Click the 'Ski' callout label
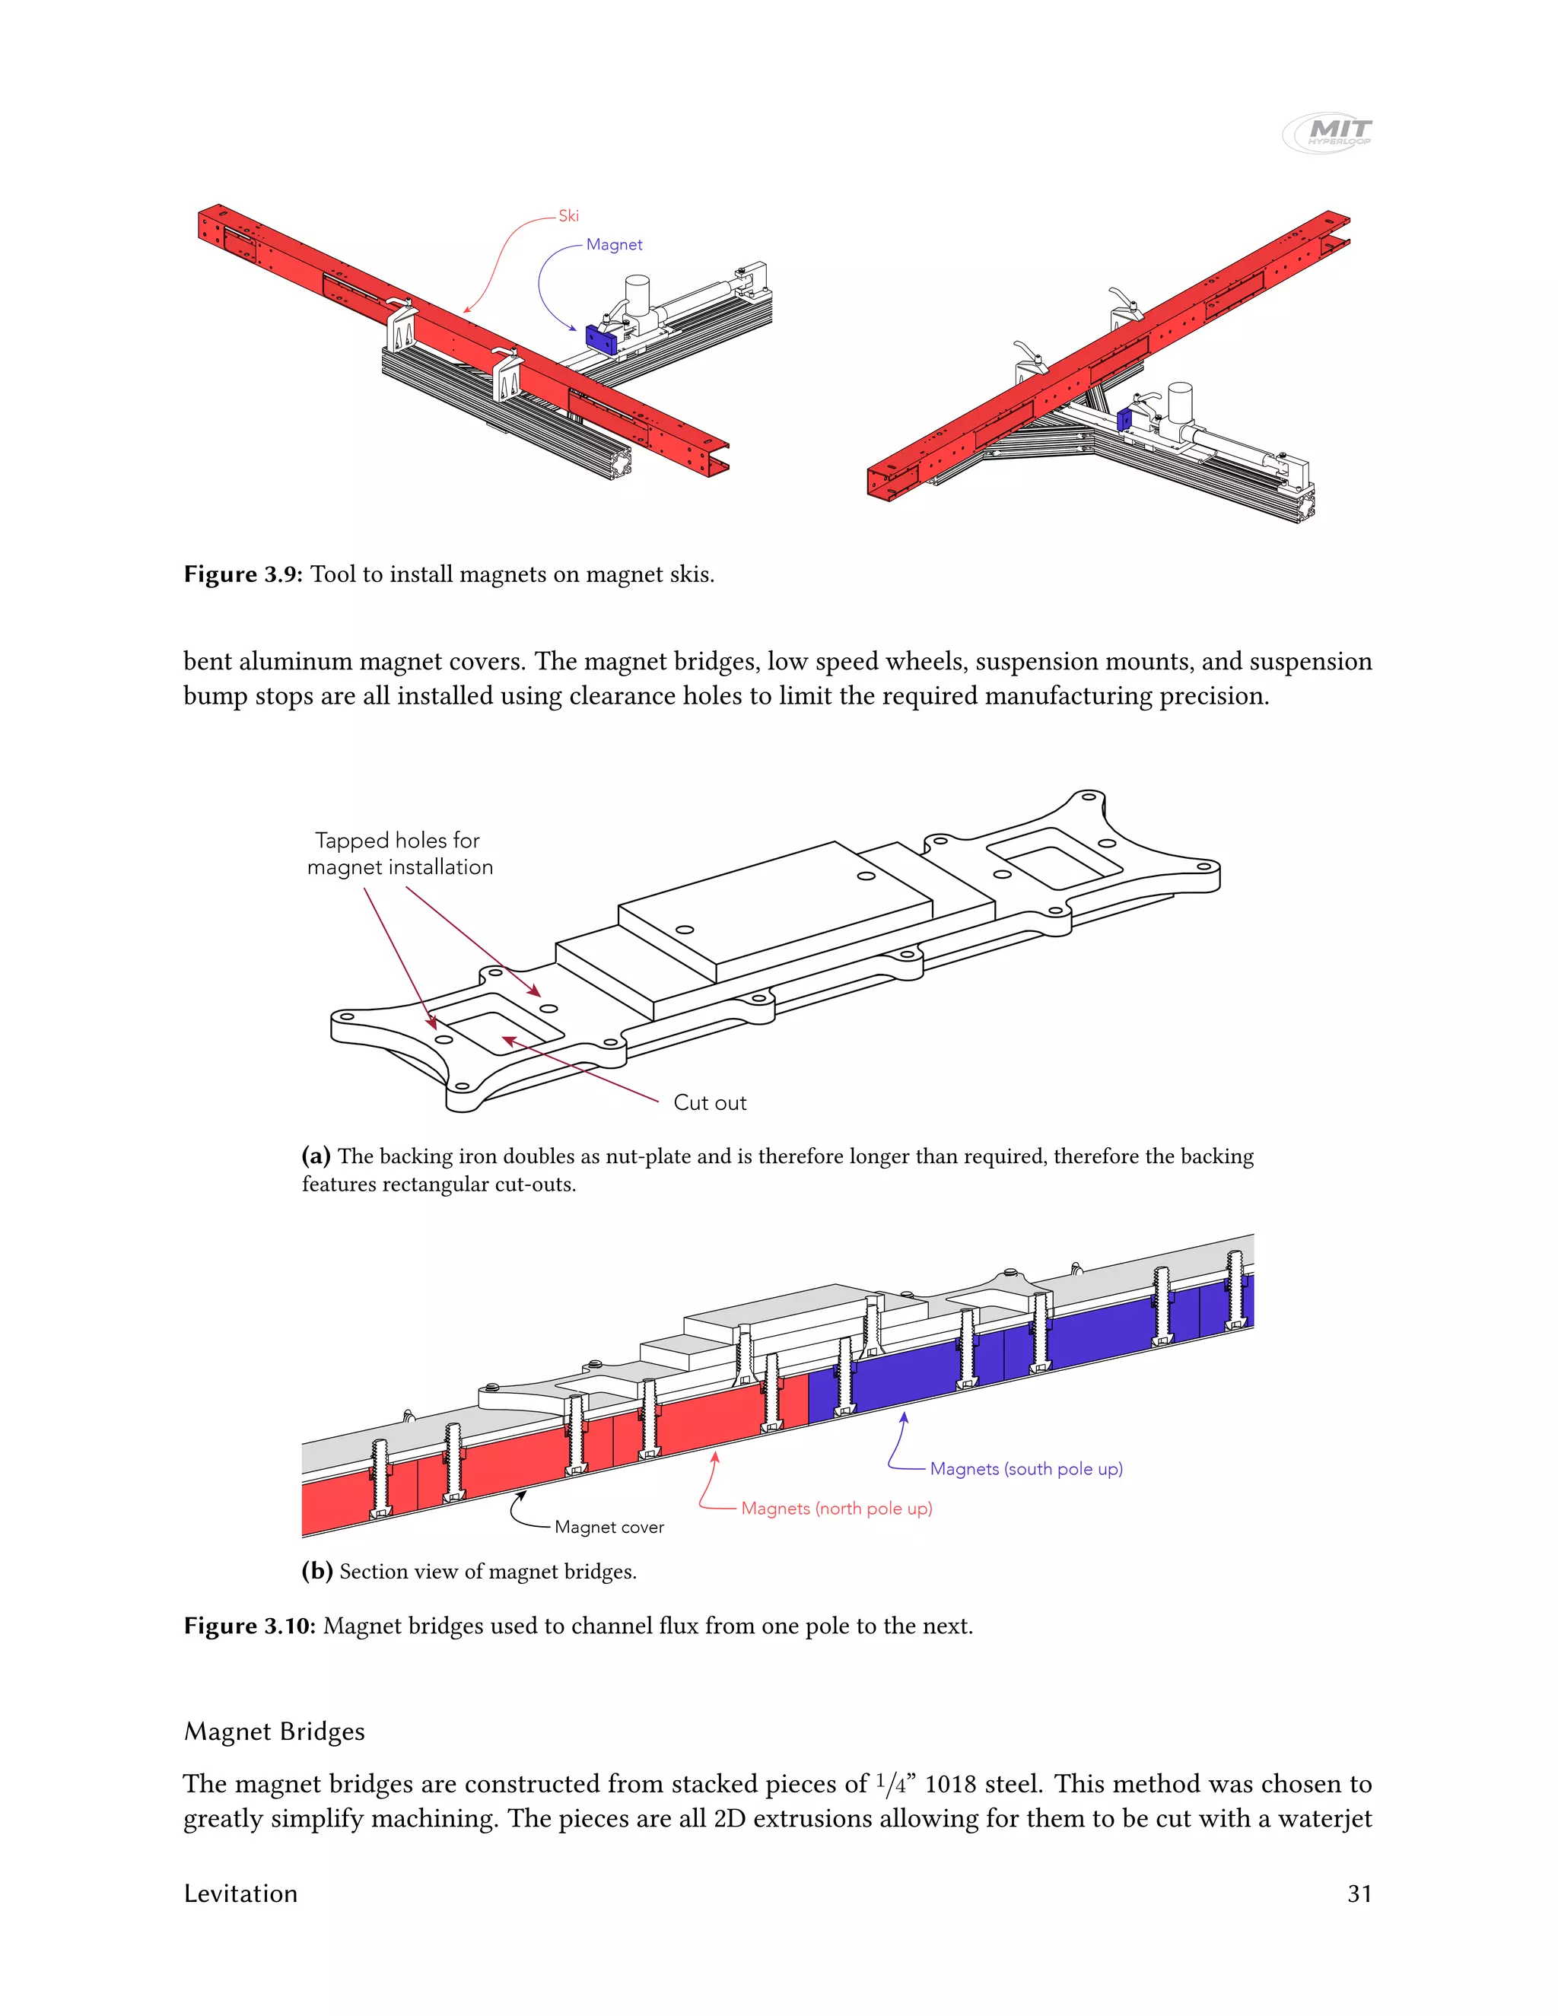[x=568, y=216]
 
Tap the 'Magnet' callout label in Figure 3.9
[x=614, y=245]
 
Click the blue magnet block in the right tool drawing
[x=1124, y=420]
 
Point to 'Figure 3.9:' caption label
[x=243, y=574]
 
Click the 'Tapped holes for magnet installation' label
[x=399, y=854]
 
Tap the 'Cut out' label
[x=709, y=1102]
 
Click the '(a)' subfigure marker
[x=316, y=1156]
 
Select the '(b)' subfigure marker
[x=316, y=1571]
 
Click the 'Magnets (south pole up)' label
[x=1025, y=1468]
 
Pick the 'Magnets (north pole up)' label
[x=836, y=1509]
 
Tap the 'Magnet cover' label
[x=609, y=1528]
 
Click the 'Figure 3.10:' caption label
[x=250, y=1626]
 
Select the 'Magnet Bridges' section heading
[x=274, y=1731]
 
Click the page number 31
[x=1359, y=1894]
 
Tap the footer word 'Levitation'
[x=241, y=1894]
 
